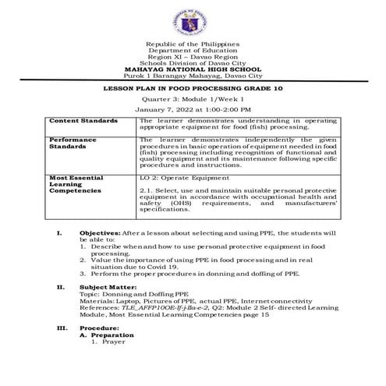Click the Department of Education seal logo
[193, 20]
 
